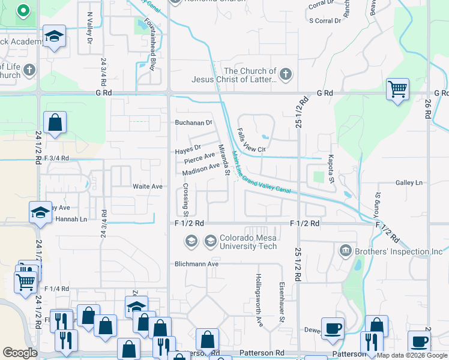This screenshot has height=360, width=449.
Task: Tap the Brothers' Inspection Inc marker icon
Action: [345, 250]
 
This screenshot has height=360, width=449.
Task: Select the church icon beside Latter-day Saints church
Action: [285, 75]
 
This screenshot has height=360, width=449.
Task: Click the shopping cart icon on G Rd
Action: [397, 90]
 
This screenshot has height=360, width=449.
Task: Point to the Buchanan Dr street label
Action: [193, 122]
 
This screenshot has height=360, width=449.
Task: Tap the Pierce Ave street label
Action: [199, 158]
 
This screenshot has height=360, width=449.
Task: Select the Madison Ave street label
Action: [201, 170]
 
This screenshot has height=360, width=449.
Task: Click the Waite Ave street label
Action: [148, 187]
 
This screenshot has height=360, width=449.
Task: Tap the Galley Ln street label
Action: [409, 182]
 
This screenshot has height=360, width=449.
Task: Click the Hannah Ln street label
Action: [71, 219]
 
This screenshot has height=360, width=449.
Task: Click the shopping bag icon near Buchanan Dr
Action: [55, 123]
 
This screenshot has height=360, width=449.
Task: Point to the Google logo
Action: [20, 353]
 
